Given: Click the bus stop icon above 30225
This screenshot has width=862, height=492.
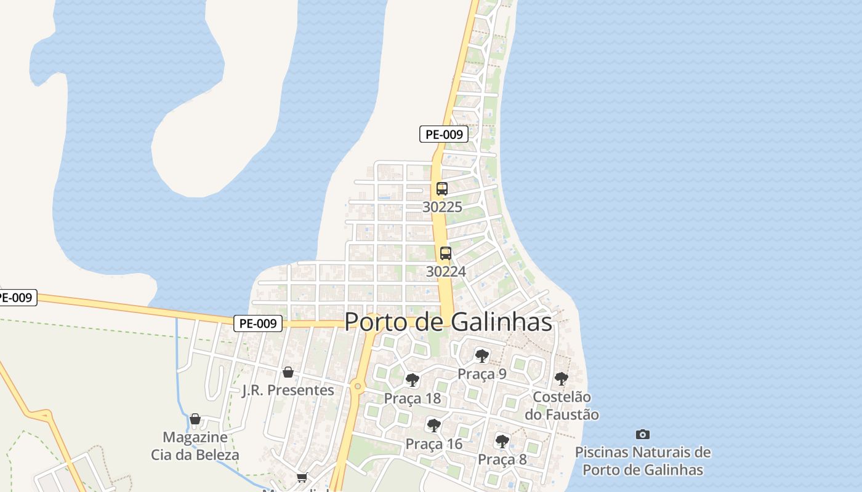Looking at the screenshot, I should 441,189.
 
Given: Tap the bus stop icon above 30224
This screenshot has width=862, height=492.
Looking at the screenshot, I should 445,253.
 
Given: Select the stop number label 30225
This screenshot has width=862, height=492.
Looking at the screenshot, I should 442,207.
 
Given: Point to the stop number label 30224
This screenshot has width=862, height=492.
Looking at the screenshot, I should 446,271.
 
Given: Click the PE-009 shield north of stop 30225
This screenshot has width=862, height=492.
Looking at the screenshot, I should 443,134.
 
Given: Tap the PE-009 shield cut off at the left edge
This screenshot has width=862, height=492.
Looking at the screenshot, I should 17,298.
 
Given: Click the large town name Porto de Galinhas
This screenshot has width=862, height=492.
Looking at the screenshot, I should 448,322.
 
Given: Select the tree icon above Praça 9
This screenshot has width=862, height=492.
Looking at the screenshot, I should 481,355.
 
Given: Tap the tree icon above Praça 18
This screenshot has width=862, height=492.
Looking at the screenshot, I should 413,380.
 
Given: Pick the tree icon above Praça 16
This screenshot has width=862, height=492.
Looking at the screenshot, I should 433,425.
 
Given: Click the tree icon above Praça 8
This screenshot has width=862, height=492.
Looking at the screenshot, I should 502,441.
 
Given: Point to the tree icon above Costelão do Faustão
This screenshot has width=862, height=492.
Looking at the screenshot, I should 561,379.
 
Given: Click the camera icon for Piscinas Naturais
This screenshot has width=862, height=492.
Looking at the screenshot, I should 642,434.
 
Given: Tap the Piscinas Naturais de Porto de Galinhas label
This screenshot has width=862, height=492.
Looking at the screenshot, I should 643,461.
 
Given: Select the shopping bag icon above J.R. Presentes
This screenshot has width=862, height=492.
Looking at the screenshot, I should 288,372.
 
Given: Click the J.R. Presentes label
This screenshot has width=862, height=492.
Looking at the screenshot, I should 288,391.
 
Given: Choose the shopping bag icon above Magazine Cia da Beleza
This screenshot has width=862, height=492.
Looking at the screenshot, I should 195,419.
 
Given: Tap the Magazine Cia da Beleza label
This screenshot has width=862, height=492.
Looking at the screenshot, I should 195,446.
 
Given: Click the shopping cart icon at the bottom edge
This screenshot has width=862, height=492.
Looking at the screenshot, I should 302,478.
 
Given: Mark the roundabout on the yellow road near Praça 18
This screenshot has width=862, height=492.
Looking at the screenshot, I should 357,386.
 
